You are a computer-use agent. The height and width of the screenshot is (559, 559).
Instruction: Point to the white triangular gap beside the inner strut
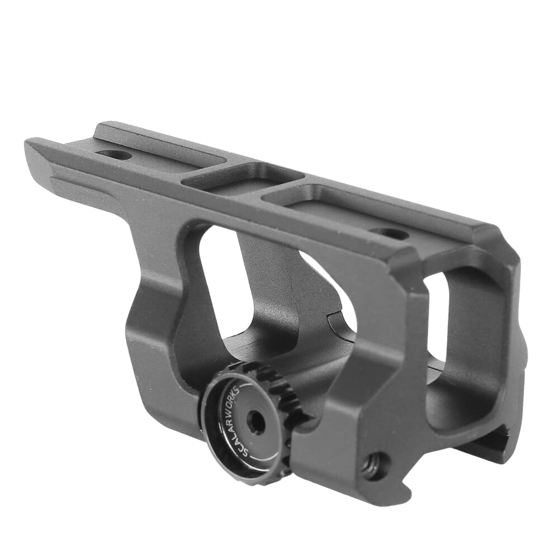[x=335, y=291]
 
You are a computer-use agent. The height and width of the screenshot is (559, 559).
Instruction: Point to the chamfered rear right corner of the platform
[x=492, y=235]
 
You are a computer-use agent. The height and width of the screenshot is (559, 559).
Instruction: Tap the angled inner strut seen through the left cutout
[x=268, y=285]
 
